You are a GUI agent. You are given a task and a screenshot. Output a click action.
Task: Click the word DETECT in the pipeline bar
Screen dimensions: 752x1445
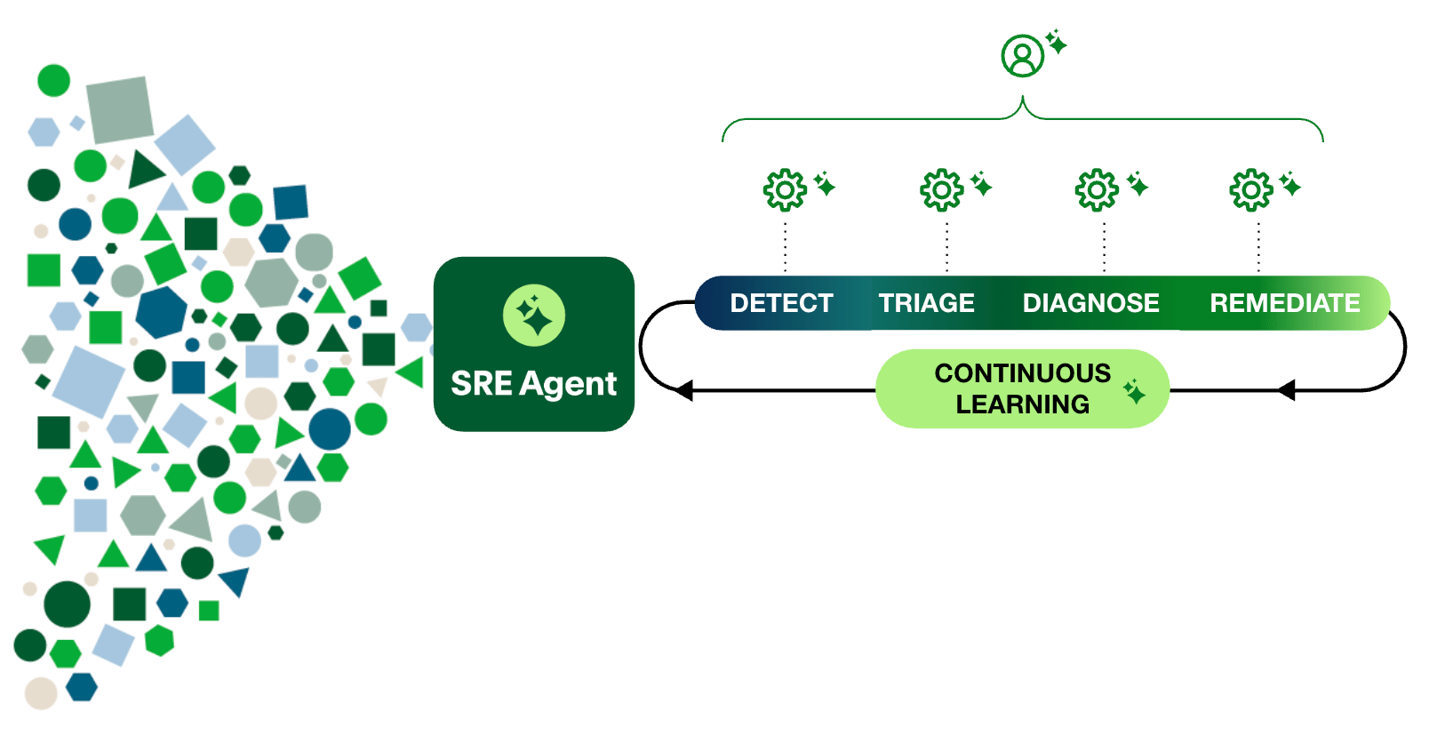(x=781, y=303)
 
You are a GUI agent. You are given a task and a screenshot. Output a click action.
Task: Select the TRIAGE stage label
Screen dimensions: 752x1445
(x=926, y=303)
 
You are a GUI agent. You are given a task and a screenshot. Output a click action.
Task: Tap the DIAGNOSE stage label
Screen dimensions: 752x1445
(x=1090, y=303)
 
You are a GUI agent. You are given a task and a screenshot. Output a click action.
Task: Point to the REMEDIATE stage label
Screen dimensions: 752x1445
(x=1284, y=303)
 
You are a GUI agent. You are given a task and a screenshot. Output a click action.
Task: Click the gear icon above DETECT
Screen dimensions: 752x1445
(x=785, y=189)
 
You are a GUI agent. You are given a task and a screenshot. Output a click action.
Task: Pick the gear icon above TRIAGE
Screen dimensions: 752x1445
(x=941, y=189)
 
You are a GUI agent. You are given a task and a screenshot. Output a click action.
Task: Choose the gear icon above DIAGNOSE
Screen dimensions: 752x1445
(x=1097, y=189)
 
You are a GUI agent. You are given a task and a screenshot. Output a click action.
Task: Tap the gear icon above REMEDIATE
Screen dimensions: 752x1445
(x=1251, y=189)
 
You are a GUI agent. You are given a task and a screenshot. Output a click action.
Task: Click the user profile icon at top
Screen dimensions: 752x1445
(x=1022, y=56)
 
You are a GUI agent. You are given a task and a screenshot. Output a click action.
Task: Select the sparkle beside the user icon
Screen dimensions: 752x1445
(x=1056, y=42)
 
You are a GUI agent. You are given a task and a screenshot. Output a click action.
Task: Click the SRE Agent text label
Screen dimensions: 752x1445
(x=533, y=384)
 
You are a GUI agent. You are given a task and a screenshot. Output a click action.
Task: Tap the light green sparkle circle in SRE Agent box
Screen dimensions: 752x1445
(x=533, y=316)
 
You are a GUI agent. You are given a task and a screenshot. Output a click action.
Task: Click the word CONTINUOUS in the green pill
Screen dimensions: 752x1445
(x=1022, y=373)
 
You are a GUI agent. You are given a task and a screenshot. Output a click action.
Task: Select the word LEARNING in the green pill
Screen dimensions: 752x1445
(x=1022, y=404)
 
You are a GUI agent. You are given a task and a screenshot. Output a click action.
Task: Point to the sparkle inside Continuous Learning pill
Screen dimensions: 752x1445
(x=1134, y=391)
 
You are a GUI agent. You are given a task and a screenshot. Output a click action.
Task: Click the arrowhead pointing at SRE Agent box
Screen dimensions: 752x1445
(x=683, y=390)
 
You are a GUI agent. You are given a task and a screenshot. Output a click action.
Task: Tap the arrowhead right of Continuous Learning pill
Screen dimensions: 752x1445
(x=1286, y=390)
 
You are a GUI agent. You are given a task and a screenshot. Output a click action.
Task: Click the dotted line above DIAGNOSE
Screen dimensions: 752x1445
(x=1104, y=247)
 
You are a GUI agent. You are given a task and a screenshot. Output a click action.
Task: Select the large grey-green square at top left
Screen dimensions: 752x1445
(x=120, y=109)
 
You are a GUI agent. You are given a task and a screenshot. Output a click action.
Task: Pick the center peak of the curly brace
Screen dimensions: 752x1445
(x=1023, y=102)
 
